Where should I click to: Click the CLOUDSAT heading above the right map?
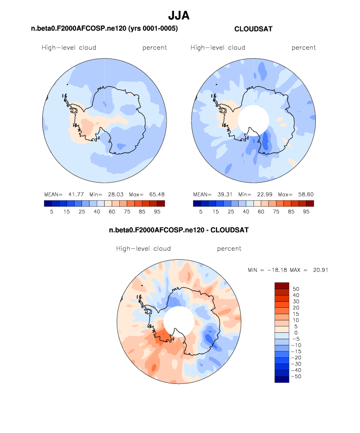point(253,29)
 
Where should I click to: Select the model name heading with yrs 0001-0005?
point(104,29)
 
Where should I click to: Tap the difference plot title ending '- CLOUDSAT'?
point(179,230)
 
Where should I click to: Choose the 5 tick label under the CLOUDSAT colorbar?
point(200,212)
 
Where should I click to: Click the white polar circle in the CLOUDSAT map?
point(253,119)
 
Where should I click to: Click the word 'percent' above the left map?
point(155,48)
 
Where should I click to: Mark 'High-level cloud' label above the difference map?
point(143,249)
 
